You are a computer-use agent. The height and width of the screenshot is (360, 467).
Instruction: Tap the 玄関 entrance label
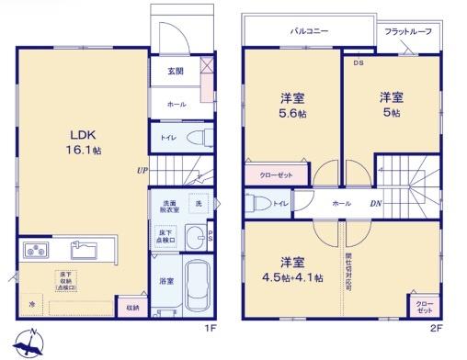click(175, 71)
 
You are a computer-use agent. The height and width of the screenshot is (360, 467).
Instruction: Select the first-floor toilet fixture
click(196, 139)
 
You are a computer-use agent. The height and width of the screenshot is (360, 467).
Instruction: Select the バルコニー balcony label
click(310, 31)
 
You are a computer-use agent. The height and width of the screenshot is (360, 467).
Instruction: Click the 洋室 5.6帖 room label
click(292, 105)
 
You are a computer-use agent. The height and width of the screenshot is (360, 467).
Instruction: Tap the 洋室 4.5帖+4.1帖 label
click(294, 270)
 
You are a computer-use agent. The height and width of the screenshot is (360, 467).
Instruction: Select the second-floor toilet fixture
click(258, 204)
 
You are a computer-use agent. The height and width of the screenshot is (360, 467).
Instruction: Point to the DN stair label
click(375, 204)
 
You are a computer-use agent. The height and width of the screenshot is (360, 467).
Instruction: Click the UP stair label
click(142, 171)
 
